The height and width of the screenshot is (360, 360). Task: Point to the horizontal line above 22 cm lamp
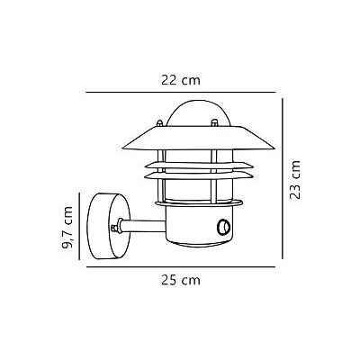coord(180,92)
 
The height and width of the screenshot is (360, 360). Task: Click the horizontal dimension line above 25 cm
coord(180,266)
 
